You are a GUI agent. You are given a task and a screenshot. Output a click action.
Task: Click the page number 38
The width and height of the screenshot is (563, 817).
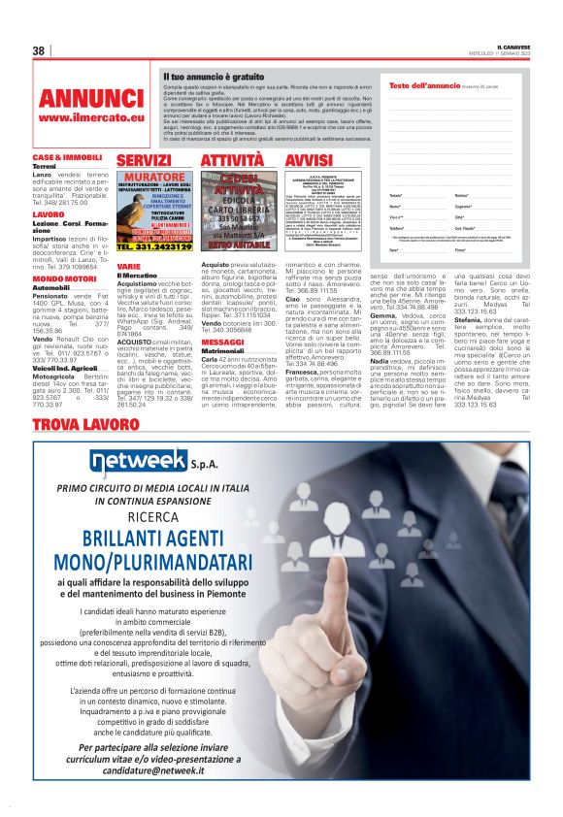coord(40,51)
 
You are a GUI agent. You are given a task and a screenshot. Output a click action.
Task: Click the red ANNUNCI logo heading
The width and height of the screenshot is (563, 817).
coord(91,99)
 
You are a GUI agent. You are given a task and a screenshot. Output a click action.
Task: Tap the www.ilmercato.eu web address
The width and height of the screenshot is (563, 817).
coord(91,118)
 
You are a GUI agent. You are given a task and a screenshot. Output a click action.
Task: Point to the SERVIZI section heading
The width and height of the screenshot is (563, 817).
coord(144,160)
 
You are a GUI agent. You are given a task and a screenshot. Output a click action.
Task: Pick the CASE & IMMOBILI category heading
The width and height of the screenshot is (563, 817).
coord(68,157)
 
